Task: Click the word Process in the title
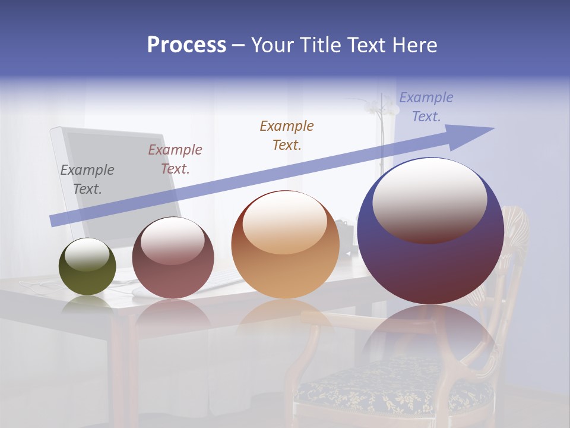coord(186,45)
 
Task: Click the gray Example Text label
coord(87,180)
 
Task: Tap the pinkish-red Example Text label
coord(175,159)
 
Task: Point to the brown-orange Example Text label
coord(287,135)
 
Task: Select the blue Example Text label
coord(426,107)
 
